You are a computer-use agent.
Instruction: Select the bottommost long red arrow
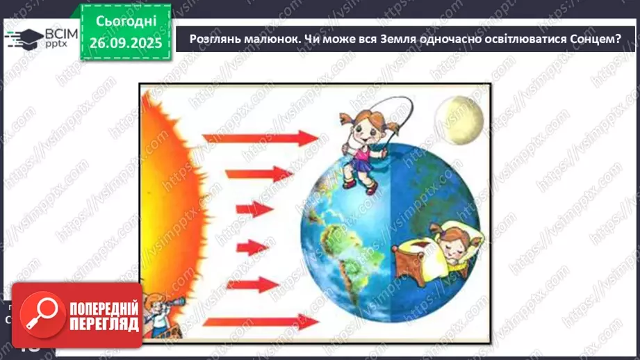261,321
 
